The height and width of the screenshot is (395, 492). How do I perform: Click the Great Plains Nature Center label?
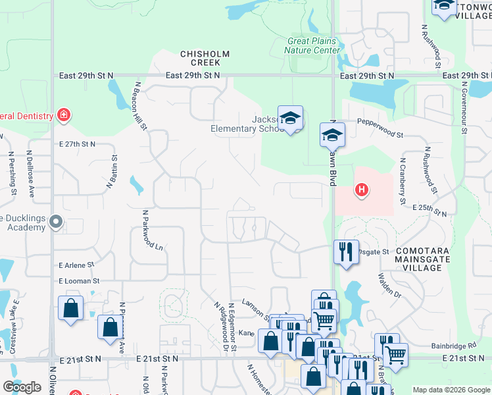coord(314,45)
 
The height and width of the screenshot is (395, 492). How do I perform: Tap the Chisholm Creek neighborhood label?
coord(205,58)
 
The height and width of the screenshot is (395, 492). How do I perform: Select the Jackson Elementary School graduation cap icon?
coord(290,118)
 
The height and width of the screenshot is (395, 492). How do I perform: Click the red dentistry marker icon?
coord(64,116)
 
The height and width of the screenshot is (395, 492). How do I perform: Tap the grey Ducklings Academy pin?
coord(56,223)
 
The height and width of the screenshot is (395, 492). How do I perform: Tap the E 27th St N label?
coord(77,144)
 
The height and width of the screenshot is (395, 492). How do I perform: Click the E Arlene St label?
coord(76,265)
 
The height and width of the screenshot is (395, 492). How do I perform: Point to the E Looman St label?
coord(78,281)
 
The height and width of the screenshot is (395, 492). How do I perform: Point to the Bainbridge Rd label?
coord(454,345)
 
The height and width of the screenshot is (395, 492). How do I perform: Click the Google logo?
coord(22,387)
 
